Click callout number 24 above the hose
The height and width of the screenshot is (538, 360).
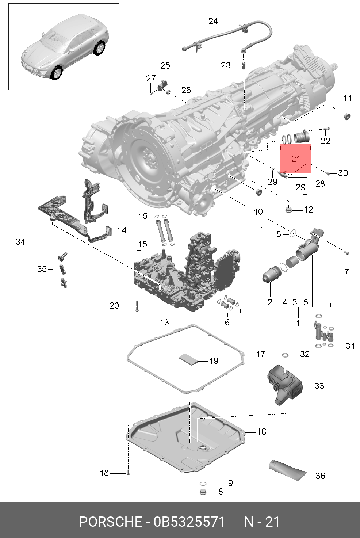pos(213,21)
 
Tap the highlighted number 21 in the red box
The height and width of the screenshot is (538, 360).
pos(296,159)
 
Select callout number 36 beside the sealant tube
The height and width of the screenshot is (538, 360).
pos(320,476)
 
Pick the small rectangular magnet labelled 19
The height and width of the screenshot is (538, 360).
pos(188,358)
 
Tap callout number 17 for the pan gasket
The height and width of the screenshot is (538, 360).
pos(260,354)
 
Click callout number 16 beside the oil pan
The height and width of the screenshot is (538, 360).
pos(261,432)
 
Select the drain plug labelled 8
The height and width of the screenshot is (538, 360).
pos(203,492)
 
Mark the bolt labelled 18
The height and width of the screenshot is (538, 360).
pos(128,473)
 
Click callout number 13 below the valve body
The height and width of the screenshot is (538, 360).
pos(164,322)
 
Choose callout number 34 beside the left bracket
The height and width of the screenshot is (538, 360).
pos(20,241)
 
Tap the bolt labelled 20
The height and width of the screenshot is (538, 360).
pos(137,306)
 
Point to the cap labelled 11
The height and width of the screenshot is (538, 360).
pos(347,116)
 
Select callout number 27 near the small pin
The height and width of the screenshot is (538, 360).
pos(150,78)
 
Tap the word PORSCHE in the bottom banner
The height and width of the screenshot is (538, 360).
pos(110,522)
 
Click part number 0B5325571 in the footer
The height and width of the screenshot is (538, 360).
pos(189,522)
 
